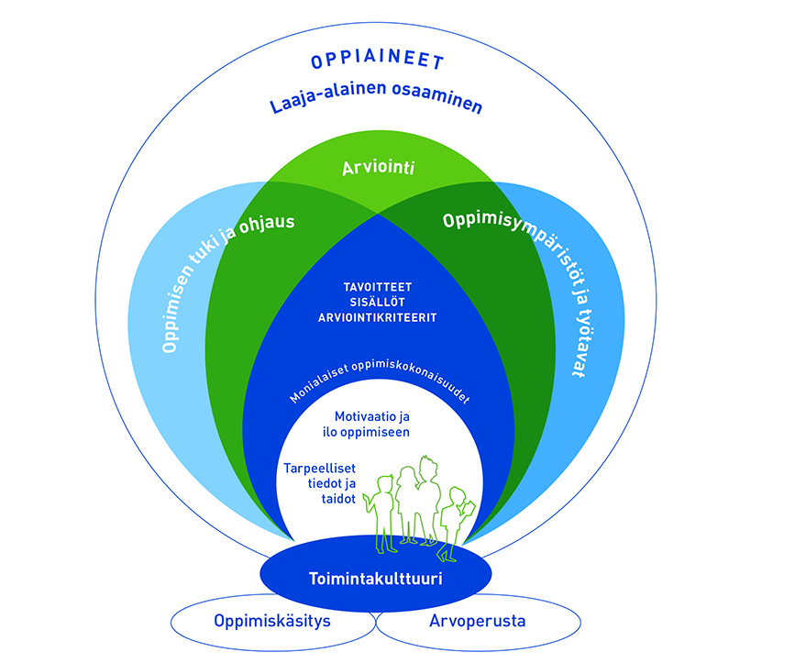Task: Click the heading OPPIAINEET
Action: point(377,62)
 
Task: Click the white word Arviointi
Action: point(377,171)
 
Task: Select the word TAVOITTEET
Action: point(377,285)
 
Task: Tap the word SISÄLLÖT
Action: point(377,302)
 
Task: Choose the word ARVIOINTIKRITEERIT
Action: point(377,317)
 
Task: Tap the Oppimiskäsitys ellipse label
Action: point(272,620)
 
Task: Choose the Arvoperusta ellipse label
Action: point(477,620)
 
